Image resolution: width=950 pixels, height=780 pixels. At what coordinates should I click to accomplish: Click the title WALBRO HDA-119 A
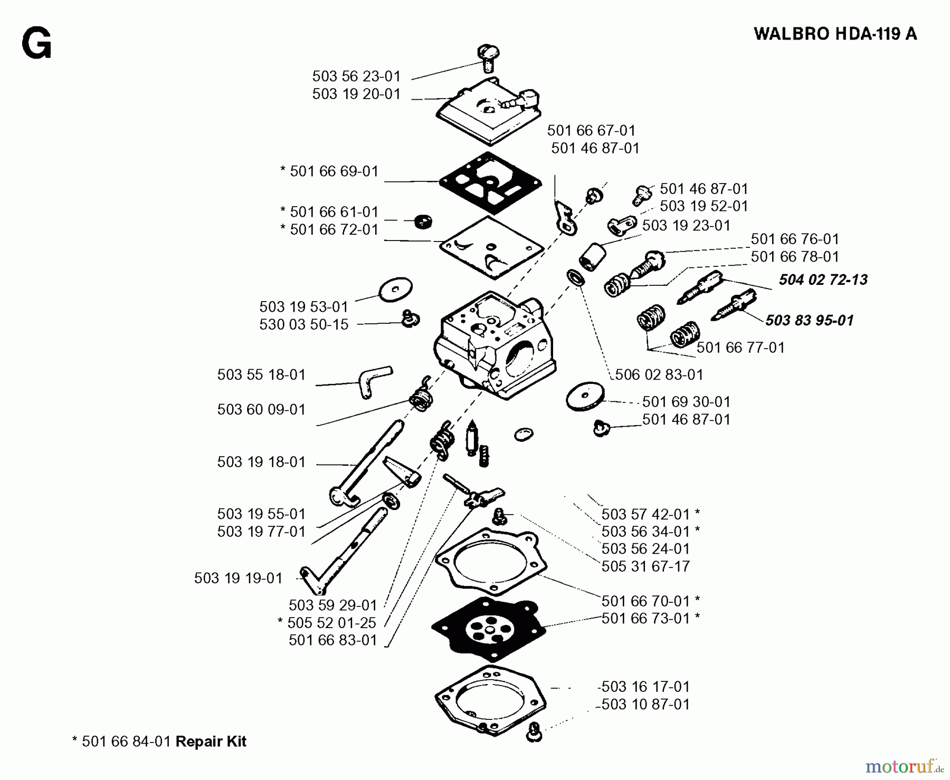pyautogui.click(x=835, y=34)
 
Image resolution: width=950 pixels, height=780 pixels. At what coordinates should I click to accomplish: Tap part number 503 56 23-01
pyautogui.click(x=356, y=76)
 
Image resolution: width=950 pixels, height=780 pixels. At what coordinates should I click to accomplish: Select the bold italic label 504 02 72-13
pyautogui.click(x=823, y=280)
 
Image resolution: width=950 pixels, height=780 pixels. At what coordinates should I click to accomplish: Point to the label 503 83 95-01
pyautogui.click(x=809, y=320)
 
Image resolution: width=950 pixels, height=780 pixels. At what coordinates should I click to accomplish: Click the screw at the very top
pyautogui.click(x=489, y=56)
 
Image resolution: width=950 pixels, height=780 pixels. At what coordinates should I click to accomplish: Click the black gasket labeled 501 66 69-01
pyautogui.click(x=490, y=182)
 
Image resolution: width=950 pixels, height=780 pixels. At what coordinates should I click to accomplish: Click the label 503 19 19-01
pyautogui.click(x=238, y=578)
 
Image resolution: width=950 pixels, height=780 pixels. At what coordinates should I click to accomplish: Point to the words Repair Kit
pyautogui.click(x=211, y=742)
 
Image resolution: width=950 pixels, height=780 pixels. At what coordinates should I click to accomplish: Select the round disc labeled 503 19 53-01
pyautogui.click(x=396, y=289)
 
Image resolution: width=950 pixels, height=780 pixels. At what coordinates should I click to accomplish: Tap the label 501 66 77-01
pyautogui.click(x=740, y=348)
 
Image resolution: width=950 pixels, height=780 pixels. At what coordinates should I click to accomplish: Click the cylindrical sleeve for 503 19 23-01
pyautogui.click(x=591, y=257)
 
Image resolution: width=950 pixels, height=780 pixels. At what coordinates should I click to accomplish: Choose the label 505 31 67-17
pyautogui.click(x=645, y=566)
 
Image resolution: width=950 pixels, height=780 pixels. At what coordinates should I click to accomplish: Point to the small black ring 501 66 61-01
pyautogui.click(x=422, y=221)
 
